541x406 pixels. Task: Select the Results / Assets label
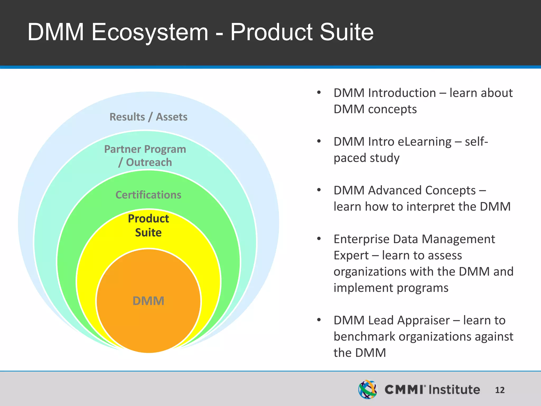[x=148, y=117]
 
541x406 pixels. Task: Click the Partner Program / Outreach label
[x=145, y=156]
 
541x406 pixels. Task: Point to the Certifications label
[x=148, y=195]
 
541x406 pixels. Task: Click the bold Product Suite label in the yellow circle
[x=148, y=225]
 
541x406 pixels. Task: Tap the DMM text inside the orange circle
[x=148, y=301]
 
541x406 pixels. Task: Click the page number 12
[x=500, y=390]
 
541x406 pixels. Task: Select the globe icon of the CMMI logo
[x=367, y=389]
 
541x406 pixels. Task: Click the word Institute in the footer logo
[x=454, y=390]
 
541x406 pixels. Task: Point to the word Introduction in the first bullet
[x=402, y=93]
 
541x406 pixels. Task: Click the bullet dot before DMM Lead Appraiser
[x=319, y=320]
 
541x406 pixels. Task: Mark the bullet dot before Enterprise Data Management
[x=319, y=239]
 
